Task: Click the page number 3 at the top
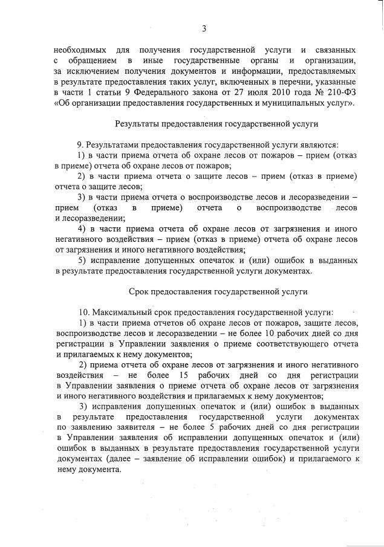coord(204,28)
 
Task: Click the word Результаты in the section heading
coord(138,125)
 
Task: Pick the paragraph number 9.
coord(80,145)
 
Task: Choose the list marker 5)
coord(83,261)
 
